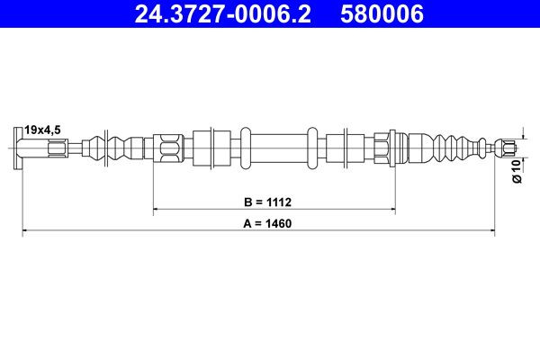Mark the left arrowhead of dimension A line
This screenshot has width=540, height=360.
26,231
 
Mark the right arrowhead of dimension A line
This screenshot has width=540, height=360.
490,231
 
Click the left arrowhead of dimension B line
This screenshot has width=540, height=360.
158,211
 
